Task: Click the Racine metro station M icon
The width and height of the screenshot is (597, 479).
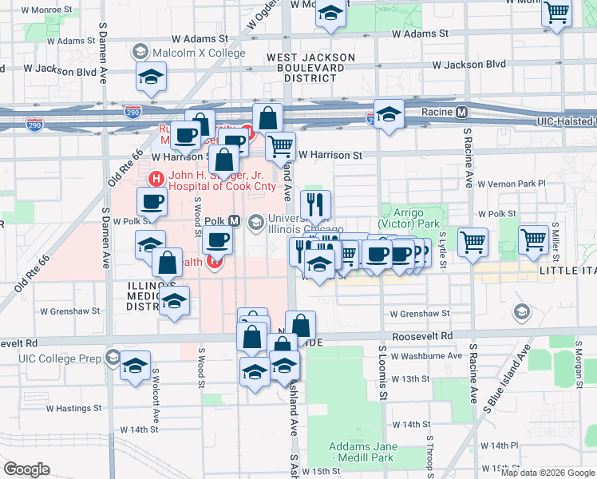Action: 462,113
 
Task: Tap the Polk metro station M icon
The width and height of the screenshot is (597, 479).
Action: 235,220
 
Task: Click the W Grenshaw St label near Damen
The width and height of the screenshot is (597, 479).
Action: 70,311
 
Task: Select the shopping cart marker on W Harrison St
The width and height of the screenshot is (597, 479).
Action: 280,146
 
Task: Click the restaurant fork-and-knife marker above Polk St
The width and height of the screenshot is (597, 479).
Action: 315,204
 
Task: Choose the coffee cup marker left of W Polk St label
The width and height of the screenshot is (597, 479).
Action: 152,201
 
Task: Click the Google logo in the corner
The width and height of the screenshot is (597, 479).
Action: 26,469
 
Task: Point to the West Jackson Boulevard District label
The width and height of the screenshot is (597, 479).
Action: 310,68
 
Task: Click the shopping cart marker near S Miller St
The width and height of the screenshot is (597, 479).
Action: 533,239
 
